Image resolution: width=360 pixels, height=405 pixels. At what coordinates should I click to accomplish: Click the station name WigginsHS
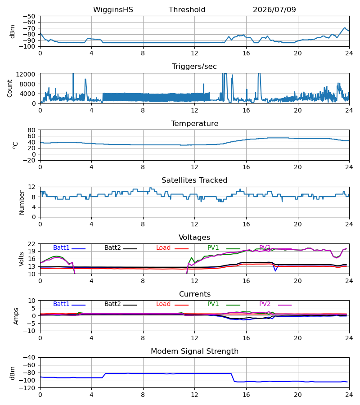(113, 9)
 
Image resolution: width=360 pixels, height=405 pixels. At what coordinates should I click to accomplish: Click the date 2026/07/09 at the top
(274, 9)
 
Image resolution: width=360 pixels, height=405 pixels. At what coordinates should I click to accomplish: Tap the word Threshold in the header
(187, 9)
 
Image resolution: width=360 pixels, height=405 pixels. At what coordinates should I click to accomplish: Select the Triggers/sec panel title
(194, 67)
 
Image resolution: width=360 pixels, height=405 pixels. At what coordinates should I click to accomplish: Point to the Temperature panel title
(194, 123)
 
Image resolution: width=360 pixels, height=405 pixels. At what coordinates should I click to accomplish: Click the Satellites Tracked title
(194, 180)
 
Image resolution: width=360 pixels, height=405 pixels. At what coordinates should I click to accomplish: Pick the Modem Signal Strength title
(194, 351)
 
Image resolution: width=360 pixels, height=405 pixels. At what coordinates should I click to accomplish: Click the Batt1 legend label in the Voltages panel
(61, 247)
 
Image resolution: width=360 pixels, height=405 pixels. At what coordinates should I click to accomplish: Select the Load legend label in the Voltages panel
(163, 247)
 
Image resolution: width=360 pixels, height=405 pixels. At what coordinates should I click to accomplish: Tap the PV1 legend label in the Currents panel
(213, 304)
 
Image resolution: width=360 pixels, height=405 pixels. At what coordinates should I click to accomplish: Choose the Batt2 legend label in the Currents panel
(112, 304)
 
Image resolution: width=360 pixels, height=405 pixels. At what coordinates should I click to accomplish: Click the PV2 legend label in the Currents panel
(265, 304)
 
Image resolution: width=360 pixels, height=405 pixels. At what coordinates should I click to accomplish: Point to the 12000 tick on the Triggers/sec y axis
(26, 74)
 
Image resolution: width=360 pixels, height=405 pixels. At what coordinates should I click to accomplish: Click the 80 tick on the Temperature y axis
(31, 130)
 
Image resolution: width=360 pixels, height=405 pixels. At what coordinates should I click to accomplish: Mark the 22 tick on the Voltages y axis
(31, 244)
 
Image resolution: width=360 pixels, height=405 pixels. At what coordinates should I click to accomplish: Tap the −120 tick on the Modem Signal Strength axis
(29, 388)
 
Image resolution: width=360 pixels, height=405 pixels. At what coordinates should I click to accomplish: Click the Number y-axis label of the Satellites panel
(22, 203)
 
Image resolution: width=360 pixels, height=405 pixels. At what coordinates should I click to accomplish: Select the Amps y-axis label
(16, 316)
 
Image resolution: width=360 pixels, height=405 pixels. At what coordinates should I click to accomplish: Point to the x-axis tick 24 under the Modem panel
(349, 395)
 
